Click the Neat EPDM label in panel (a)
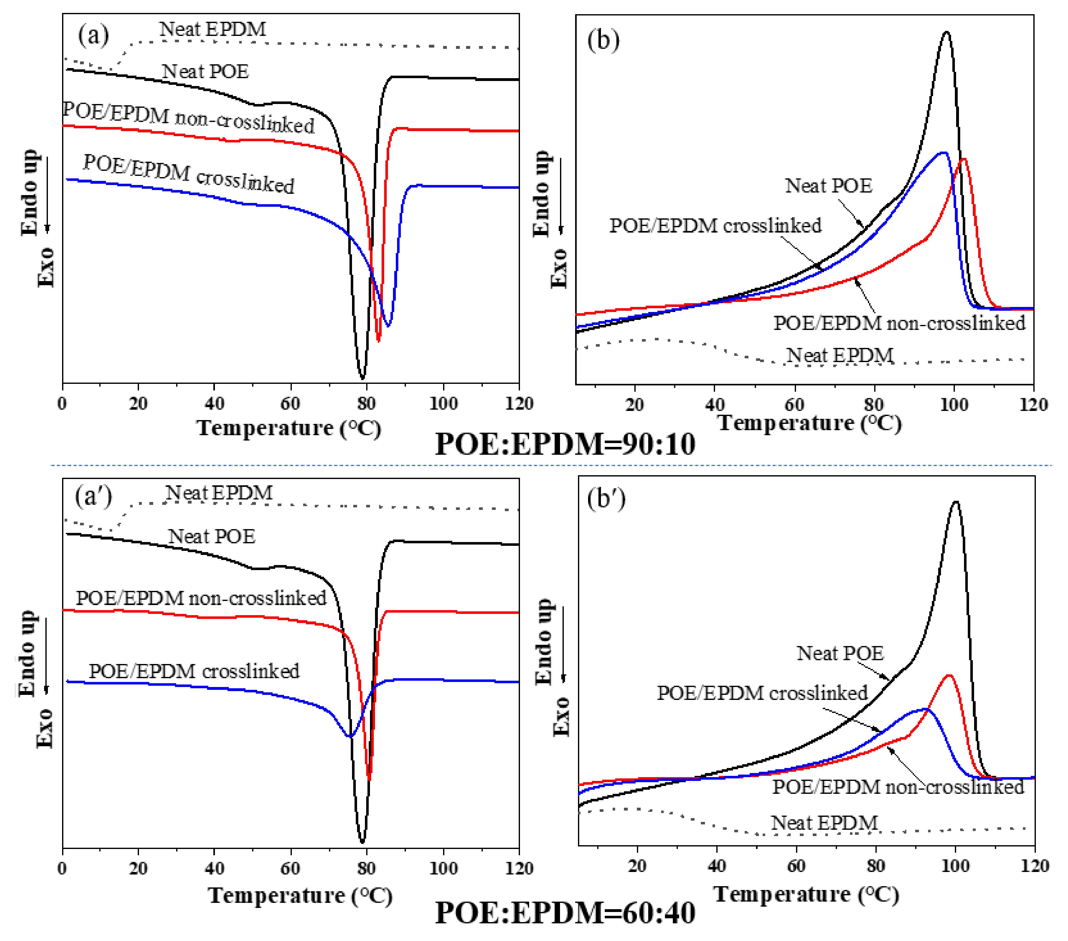coord(213,29)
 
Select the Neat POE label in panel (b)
coord(829,186)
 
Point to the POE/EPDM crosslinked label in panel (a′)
coord(194,671)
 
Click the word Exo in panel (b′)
coord(561,717)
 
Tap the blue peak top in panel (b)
coord(944,153)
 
